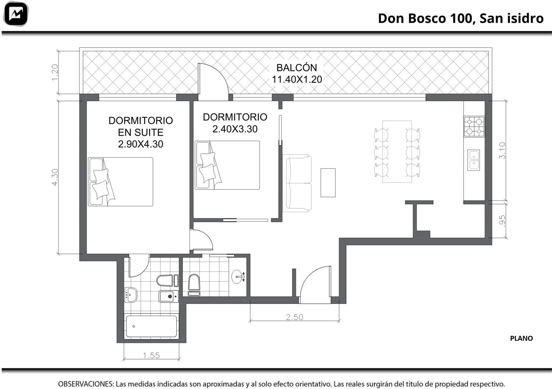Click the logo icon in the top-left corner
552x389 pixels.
16,14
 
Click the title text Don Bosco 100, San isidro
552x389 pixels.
461,19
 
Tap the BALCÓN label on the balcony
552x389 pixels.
297,68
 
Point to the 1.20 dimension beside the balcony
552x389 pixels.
55,72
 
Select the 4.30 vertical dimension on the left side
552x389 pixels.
55,177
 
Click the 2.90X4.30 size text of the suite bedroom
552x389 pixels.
140,144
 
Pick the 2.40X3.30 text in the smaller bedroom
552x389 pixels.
235,129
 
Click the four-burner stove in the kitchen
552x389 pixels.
474,127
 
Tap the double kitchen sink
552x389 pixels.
474,160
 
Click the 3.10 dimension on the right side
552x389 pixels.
502,150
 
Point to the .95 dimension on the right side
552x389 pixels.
502,221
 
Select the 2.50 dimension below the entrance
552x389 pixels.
295,317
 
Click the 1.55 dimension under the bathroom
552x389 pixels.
151,355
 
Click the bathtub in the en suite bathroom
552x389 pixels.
151,326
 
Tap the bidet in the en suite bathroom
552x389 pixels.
169,296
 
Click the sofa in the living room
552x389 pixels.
297,183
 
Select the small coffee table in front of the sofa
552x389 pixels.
328,183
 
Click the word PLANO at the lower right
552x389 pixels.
521,338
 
